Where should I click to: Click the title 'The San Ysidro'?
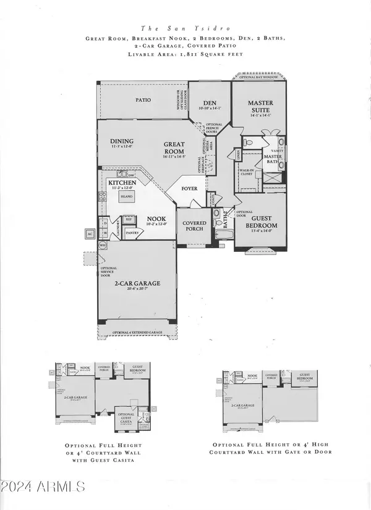[x=185, y=28]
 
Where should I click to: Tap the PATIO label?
[x=143, y=99]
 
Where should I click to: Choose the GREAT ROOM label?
[x=174, y=148]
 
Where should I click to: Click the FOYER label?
[x=189, y=190]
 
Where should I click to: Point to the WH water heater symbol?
[x=103, y=245]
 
